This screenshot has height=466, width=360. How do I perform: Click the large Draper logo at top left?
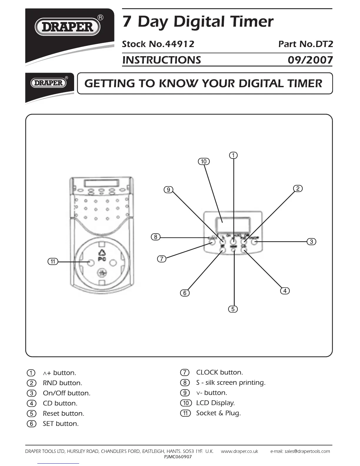68,27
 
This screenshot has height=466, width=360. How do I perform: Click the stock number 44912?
180,44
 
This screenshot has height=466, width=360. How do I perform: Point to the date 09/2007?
310,60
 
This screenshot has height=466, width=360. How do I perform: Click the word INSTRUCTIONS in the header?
161,60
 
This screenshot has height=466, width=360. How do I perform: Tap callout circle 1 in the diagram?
233,155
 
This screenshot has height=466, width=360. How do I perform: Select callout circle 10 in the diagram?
204,161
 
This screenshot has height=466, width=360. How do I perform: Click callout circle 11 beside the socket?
53,262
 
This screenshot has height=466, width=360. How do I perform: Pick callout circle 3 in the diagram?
311,242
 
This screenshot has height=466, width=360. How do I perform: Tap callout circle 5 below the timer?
233,309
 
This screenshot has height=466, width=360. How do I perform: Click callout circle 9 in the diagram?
168,189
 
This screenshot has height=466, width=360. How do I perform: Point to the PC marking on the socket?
102,259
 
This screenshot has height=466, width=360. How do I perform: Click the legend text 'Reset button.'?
64,413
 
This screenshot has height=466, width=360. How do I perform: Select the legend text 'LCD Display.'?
215,403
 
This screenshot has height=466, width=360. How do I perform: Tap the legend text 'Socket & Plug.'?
218,413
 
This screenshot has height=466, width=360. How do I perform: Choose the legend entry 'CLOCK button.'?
219,372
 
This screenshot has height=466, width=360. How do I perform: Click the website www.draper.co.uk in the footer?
239,451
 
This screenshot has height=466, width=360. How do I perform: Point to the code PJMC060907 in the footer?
178,457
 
